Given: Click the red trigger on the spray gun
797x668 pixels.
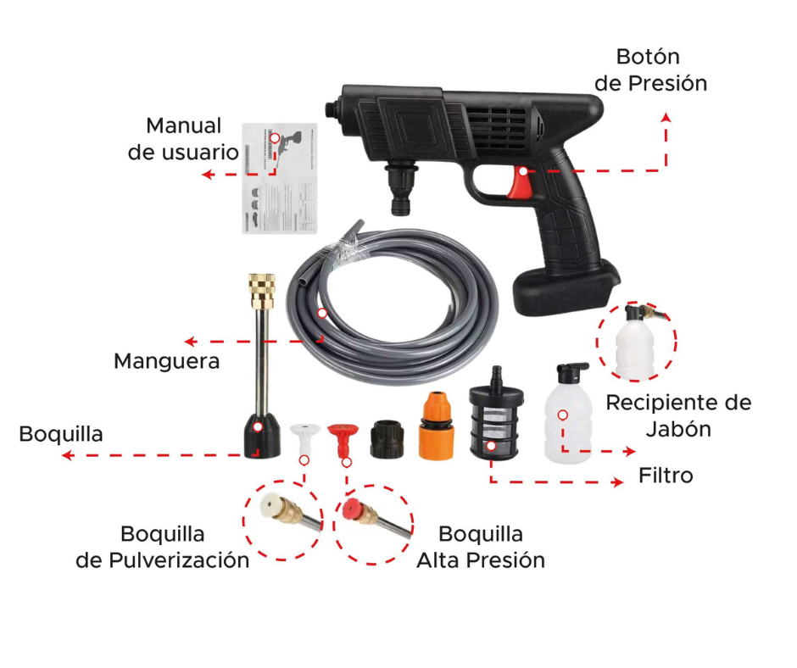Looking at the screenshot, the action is pos(520,183).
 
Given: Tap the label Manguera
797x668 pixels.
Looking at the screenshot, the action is pos(167,361).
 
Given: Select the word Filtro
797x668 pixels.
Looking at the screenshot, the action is pos(666,476).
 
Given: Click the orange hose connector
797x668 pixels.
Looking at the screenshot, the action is pos(436,426).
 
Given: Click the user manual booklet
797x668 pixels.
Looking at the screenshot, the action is pos(280,178).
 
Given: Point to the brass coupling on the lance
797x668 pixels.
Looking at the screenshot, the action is pos(262,292).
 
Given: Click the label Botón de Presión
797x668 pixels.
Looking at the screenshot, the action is pos(650,70).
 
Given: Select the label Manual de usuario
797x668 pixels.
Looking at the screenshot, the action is pos(183,139).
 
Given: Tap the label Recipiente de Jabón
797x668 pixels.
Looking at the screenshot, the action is pos(678,415).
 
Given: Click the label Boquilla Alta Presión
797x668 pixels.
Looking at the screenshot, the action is pos(481,547).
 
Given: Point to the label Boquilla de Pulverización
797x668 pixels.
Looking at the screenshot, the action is pos(163,547).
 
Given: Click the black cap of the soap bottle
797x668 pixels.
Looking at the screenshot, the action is pos(571,371).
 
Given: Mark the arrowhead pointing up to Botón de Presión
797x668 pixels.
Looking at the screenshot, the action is pos(666,118).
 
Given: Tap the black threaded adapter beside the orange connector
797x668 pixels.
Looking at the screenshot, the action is pos(387,438).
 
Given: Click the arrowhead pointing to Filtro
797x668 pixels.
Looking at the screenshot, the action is pos(618,482).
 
